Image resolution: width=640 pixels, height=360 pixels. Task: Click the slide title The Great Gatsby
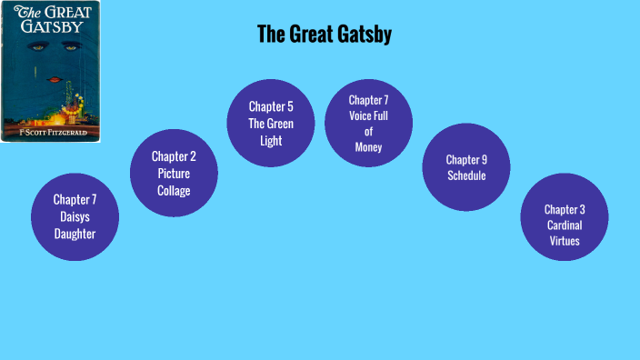(x=325, y=35)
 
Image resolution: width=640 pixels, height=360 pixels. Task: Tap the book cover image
(x=51, y=71)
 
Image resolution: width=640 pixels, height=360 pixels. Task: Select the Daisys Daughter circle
(x=75, y=216)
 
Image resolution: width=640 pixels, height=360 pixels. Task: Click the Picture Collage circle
(x=174, y=173)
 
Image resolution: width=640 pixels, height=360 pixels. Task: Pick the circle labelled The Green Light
(x=271, y=124)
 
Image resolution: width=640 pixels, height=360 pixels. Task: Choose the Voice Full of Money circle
(x=368, y=123)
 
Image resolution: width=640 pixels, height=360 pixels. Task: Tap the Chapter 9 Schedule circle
(x=466, y=167)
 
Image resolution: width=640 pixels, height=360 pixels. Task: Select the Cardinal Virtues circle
(x=564, y=216)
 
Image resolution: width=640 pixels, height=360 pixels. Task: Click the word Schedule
(x=466, y=175)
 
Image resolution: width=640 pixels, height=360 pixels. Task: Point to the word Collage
(x=174, y=189)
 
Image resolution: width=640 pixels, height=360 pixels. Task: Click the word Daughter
(x=75, y=234)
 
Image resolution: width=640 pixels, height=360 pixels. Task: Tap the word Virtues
(x=564, y=241)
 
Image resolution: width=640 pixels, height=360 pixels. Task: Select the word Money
(x=368, y=147)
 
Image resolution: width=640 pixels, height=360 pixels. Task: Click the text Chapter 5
(x=271, y=106)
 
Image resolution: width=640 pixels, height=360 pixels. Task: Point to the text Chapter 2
(x=174, y=156)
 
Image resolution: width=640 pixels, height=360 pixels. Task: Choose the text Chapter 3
(x=564, y=209)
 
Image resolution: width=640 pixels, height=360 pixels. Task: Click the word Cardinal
(x=564, y=225)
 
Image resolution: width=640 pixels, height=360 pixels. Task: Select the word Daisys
(x=75, y=216)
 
